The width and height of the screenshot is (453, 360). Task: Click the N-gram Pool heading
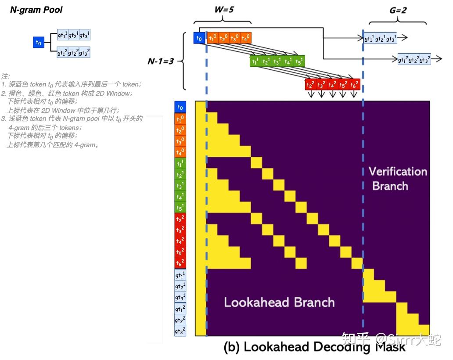(x=36, y=10)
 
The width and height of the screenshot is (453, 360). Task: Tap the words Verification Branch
(x=397, y=178)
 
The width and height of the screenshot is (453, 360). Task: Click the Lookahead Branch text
(x=279, y=302)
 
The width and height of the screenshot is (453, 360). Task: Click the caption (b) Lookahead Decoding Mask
(x=314, y=347)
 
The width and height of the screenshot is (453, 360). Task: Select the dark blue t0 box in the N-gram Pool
(x=39, y=43)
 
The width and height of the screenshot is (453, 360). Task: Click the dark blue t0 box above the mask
(x=199, y=38)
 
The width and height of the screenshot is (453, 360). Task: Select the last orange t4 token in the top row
(x=245, y=38)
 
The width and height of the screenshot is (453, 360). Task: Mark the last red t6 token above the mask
(x=355, y=84)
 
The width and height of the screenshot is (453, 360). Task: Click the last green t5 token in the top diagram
(x=300, y=61)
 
